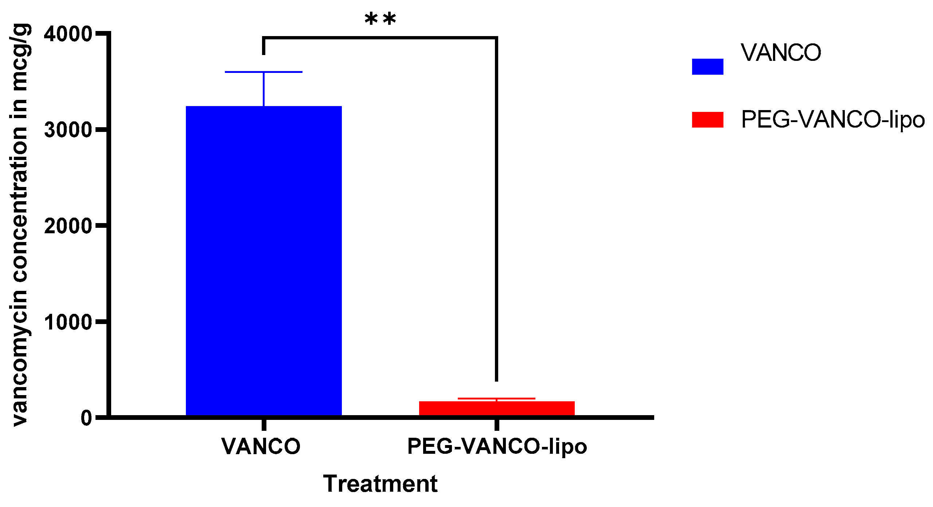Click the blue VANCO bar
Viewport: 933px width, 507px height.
pos(263,261)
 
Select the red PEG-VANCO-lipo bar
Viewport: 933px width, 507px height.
pos(496,408)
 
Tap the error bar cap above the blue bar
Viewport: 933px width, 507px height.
pos(263,72)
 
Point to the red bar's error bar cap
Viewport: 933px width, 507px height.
pos(496,398)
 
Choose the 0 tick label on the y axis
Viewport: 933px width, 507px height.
pos(86,418)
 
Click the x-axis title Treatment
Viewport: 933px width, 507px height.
pos(380,484)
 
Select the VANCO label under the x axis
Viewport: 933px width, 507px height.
pos(261,446)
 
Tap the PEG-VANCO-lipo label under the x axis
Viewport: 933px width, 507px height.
pos(497,446)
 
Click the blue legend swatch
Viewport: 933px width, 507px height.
pos(707,67)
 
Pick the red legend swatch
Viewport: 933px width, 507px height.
pos(707,120)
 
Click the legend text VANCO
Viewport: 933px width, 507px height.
pos(781,53)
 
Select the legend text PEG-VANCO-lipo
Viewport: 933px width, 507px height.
pos(833,120)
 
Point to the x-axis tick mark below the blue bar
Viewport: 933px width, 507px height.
pos(264,425)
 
